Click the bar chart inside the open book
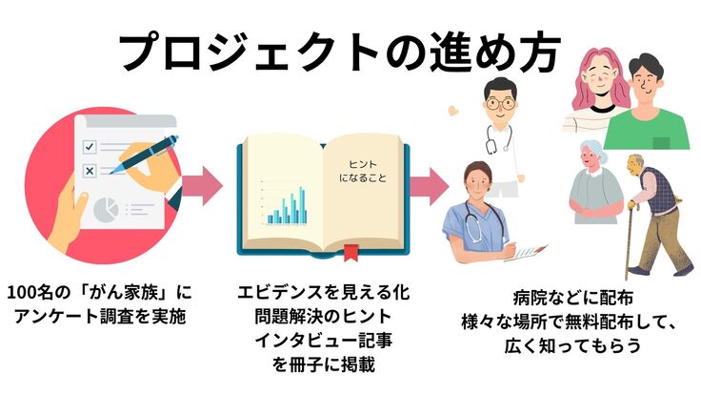[287, 204]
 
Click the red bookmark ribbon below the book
[350, 254]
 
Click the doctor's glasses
[499, 101]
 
